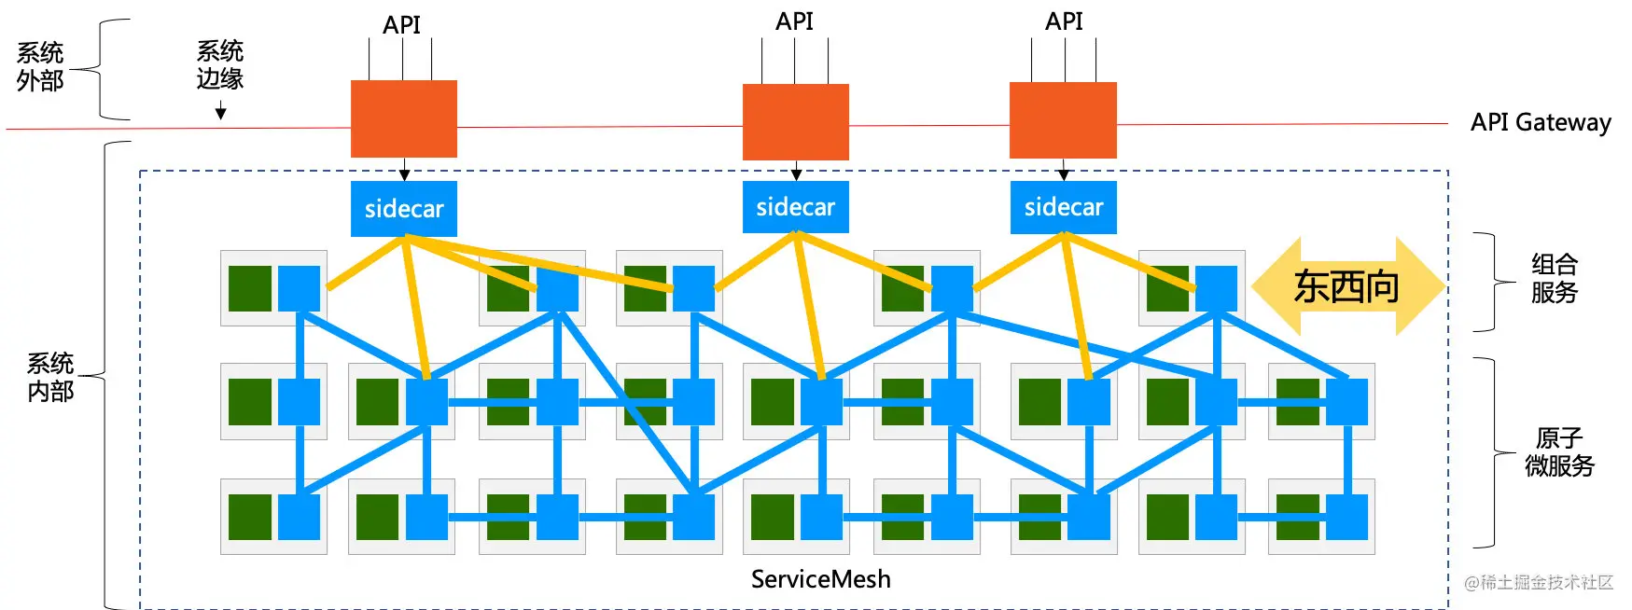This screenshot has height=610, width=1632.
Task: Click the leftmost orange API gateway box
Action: pyautogui.click(x=403, y=118)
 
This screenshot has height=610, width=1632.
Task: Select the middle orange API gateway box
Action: pyautogui.click(x=795, y=122)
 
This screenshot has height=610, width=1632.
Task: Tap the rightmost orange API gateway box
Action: pyautogui.click(x=1063, y=120)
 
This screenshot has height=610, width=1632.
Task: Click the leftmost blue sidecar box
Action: pyautogui.click(x=403, y=208)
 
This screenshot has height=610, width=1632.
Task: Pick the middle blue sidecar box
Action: pyautogui.click(x=795, y=206)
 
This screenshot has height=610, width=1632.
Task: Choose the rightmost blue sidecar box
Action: pyautogui.click(x=1063, y=206)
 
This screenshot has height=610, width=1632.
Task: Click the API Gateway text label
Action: pyautogui.click(x=1541, y=122)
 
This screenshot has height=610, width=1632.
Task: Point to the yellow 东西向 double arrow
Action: pyautogui.click(x=1347, y=286)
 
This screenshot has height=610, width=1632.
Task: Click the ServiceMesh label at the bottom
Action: pyautogui.click(x=821, y=579)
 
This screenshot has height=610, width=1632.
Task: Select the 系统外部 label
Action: pyautogui.click(x=40, y=66)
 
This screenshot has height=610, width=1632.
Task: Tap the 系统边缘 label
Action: pyautogui.click(x=220, y=64)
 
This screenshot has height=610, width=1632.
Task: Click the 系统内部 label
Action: pyautogui.click(x=50, y=377)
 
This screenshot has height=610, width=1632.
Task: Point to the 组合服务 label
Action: pyautogui.click(x=1555, y=278)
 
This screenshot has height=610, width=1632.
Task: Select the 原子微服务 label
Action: pyautogui.click(x=1559, y=451)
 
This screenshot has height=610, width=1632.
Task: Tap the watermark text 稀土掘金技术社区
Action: pyautogui.click(x=1539, y=582)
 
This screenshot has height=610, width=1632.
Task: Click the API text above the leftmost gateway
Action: pyautogui.click(x=402, y=24)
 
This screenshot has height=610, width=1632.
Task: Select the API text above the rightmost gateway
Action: pyautogui.click(x=1064, y=21)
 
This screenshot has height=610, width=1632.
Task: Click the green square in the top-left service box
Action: pyautogui.click(x=250, y=288)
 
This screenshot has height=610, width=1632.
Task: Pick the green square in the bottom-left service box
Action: pyautogui.click(x=250, y=517)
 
